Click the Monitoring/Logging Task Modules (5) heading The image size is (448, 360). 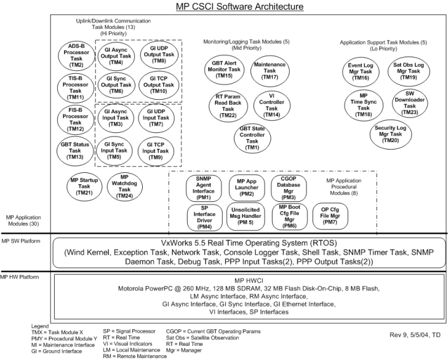pos(248,41)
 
